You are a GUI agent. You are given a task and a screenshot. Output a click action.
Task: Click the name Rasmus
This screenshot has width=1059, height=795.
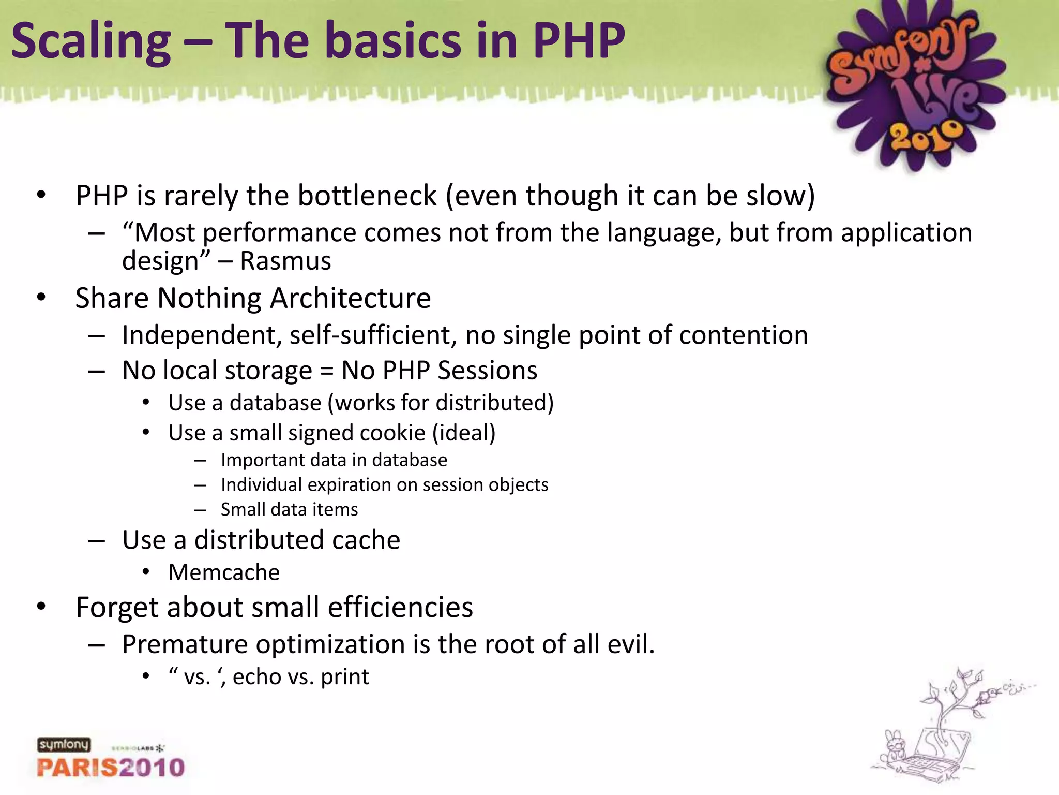(x=285, y=261)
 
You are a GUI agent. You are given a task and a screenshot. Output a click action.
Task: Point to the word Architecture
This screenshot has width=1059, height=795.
(x=350, y=299)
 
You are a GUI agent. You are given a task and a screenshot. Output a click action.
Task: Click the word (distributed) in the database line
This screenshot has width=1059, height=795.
(x=495, y=403)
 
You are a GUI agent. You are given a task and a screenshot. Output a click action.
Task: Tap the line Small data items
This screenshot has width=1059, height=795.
(x=289, y=510)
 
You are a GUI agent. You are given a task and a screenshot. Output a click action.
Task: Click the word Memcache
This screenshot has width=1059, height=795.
(x=224, y=572)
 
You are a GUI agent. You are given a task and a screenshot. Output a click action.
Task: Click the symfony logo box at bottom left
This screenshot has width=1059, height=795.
(x=64, y=745)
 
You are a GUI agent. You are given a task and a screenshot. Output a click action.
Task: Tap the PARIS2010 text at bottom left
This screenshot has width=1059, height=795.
(x=111, y=767)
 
